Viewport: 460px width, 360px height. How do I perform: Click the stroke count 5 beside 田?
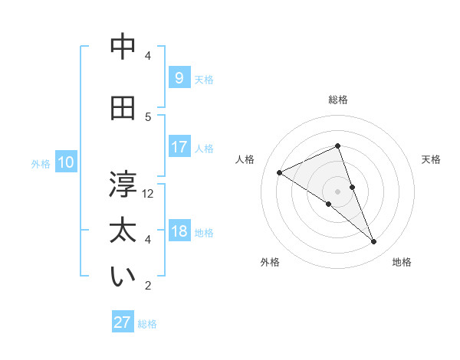pyautogui.click(x=148, y=116)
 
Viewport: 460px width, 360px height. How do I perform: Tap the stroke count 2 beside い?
pyautogui.click(x=148, y=286)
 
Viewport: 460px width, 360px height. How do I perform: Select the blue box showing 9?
pyautogui.click(x=179, y=78)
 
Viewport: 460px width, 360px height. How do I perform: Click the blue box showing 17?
pyautogui.click(x=179, y=147)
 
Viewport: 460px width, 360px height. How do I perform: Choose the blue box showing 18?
pyautogui.click(x=179, y=231)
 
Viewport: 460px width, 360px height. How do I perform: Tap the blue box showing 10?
pyautogui.click(x=65, y=162)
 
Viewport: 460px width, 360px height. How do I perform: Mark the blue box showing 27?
pyautogui.click(x=123, y=322)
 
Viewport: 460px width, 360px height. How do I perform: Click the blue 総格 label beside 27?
pyautogui.click(x=147, y=324)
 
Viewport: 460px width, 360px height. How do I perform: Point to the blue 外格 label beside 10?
pyautogui.click(x=41, y=163)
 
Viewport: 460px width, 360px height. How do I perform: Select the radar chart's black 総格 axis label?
pyautogui.click(x=338, y=100)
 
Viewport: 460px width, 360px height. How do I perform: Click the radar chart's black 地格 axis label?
pyautogui.click(x=402, y=262)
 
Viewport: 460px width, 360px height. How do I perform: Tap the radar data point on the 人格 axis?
pyautogui.click(x=280, y=172)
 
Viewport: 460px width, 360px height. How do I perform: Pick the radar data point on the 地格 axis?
pyautogui.click(x=374, y=242)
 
